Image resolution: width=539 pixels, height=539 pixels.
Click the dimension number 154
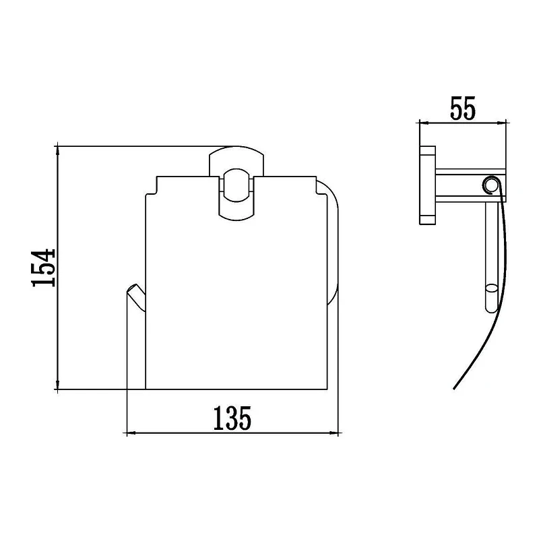click(43, 268)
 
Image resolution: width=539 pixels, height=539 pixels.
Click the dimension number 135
click(232, 418)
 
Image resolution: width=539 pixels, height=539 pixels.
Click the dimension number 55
click(463, 108)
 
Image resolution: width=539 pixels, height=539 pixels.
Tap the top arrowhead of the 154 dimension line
click(57, 150)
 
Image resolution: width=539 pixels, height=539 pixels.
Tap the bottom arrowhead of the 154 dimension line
click(57, 385)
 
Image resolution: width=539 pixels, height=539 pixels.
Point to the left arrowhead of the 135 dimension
click(132, 433)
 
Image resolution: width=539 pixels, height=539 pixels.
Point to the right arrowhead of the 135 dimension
click(334, 433)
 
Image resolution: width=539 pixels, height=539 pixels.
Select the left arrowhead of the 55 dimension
click(424, 122)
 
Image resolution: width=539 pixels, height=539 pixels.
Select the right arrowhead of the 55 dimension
click(501, 122)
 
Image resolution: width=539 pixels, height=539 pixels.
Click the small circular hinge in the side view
click(490, 185)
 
